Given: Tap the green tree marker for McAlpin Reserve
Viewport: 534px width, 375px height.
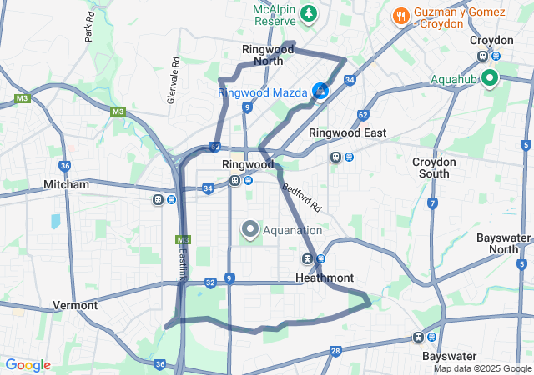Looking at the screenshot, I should click(309, 13).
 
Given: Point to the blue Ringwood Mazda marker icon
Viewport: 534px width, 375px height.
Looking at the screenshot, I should click(320, 90).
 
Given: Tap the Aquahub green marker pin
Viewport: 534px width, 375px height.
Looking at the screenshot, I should click(488, 80).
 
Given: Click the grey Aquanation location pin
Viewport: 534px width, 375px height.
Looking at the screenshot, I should click(249, 228).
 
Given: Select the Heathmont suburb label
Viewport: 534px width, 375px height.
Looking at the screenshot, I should click(325, 277).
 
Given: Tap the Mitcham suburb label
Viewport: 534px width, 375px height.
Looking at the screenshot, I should click(66, 184).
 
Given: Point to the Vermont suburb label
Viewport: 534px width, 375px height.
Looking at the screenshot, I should click(75, 305).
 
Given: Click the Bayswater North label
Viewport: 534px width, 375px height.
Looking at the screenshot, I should click(504, 243).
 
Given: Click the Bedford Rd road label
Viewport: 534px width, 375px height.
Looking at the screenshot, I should click(302, 197).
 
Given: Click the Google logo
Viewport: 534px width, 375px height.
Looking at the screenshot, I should click(28, 365).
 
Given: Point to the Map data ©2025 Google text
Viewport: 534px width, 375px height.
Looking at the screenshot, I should click(481, 368).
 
